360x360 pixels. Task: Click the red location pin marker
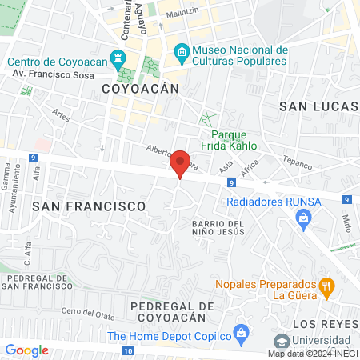181,164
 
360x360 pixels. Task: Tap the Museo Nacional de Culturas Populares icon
182,54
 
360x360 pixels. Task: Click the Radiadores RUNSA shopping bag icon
303,217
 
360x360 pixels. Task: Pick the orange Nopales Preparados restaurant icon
326,286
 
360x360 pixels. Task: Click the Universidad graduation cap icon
281,341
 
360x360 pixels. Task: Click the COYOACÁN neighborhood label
138,89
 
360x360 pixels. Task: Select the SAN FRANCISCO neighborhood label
90,206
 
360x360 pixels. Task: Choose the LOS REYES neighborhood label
325,324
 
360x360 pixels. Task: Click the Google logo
26,350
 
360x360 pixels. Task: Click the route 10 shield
128,350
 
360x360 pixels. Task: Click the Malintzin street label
185,14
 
